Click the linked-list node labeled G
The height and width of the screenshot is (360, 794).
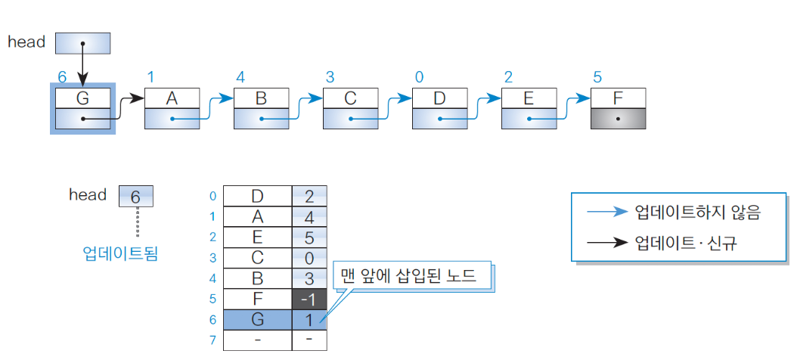[x=82, y=109]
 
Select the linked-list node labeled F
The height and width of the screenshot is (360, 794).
[x=618, y=109]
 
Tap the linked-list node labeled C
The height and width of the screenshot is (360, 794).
[x=350, y=109]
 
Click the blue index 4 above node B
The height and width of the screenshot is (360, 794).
[x=240, y=77]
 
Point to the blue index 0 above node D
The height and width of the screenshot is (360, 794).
[x=419, y=77]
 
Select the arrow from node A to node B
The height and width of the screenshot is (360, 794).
[x=215, y=106]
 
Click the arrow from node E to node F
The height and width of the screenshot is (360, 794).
[x=572, y=106]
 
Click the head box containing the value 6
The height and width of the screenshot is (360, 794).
[x=136, y=197]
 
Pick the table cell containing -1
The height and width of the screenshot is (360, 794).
[x=309, y=299]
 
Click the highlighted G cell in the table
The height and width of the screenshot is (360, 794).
[x=257, y=320]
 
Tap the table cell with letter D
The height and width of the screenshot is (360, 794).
[x=257, y=196]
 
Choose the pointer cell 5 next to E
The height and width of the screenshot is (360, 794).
[x=309, y=237]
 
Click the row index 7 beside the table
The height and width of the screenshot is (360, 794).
[x=213, y=340]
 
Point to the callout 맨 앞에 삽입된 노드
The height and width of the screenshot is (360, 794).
[x=411, y=275]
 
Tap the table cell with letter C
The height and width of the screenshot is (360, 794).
[x=257, y=258]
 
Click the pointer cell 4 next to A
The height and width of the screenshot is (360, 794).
[x=309, y=217]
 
